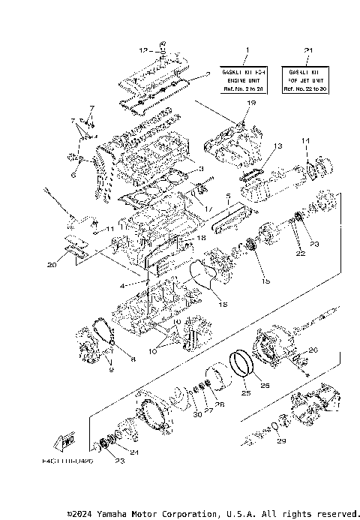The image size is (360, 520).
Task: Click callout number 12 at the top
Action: coord(142,50)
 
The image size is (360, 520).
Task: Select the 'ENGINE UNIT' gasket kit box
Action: coord(245,77)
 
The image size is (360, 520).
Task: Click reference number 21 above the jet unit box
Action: coord(308,50)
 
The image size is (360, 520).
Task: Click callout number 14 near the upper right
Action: coord(305,140)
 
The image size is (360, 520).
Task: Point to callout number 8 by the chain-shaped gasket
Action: coord(133,359)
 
